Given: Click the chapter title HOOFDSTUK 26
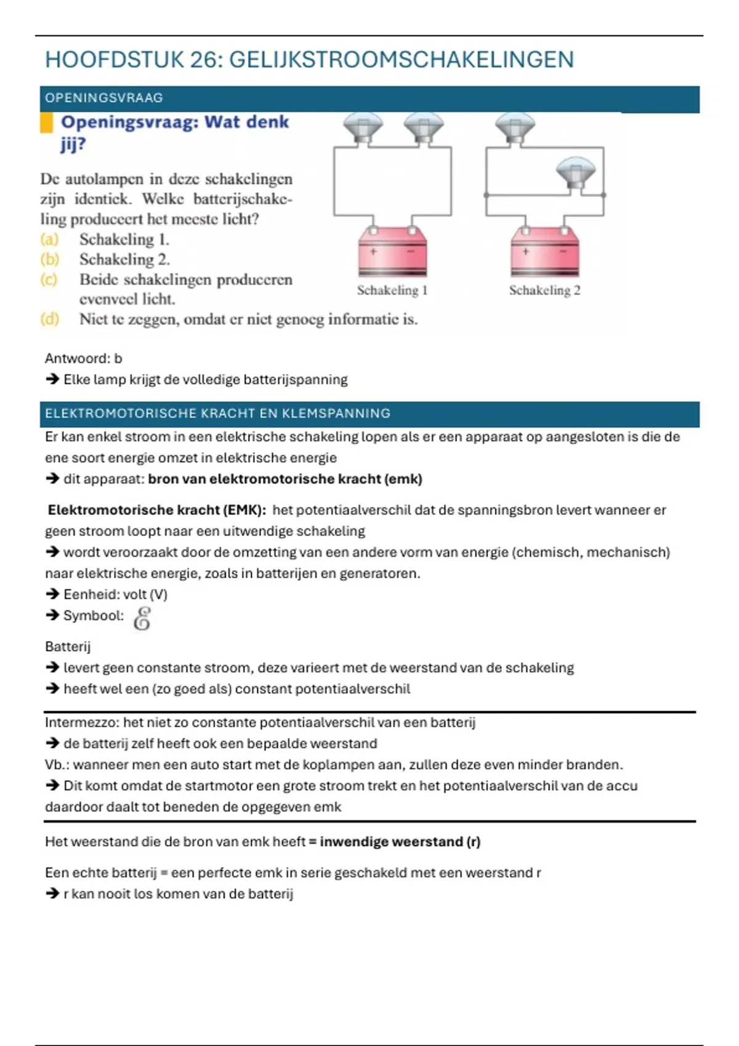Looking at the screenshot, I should (309, 60).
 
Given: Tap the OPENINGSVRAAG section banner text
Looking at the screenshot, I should (104, 98).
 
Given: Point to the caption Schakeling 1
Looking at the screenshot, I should (392, 290).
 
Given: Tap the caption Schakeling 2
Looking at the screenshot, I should (544, 290).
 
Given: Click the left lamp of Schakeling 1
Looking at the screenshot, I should (363, 127).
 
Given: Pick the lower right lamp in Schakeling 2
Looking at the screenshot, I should (575, 172).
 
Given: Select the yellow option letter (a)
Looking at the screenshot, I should (49, 239).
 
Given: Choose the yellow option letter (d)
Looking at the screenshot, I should (50, 319).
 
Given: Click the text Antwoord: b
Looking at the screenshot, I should (84, 358).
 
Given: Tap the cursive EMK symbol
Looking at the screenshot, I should (142, 618).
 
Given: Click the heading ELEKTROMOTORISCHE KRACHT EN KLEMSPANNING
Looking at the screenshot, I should (217, 413).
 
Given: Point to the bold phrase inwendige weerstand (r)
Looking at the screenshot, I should (400, 842).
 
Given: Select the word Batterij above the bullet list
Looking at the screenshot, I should (68, 647).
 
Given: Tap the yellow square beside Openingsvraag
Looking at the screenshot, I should (46, 122).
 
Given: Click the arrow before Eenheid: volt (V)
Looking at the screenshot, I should (52, 594).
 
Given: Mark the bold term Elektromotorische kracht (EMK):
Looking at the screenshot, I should (157, 510).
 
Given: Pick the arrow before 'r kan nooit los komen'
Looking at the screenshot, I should (52, 894).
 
